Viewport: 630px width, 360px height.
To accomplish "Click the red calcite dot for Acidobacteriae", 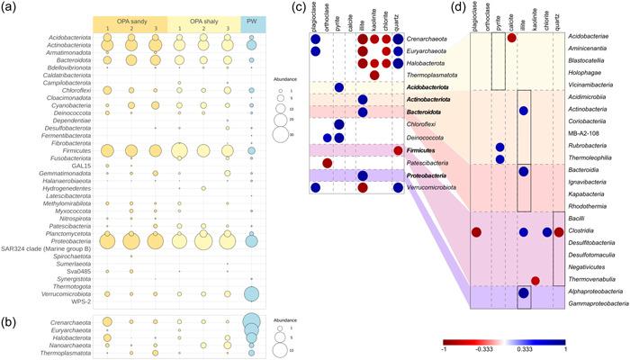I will pos(512,38).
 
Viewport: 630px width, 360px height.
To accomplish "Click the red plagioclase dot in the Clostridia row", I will pos(477,232).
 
